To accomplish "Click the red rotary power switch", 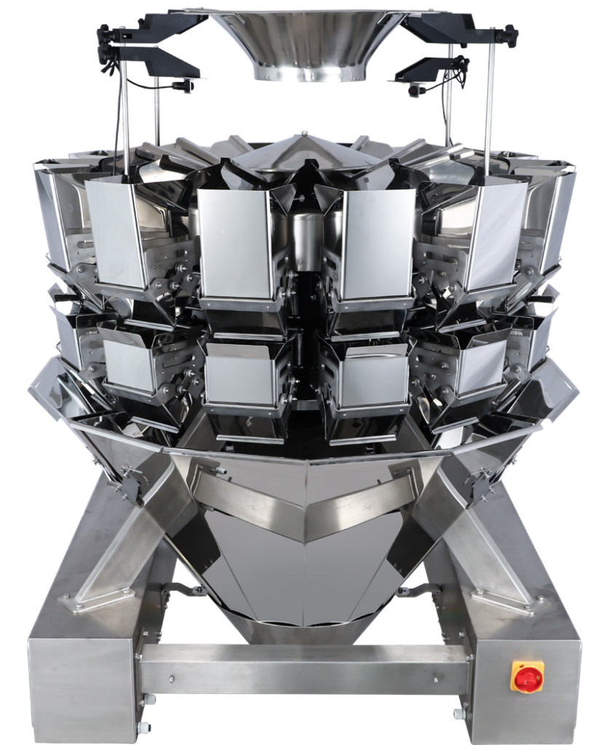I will [x=527, y=677].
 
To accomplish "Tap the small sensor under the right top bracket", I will [x=414, y=91].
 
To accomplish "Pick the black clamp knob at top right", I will [x=505, y=32].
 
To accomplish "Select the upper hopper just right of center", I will [x=377, y=244].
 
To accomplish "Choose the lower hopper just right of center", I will [x=371, y=375].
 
